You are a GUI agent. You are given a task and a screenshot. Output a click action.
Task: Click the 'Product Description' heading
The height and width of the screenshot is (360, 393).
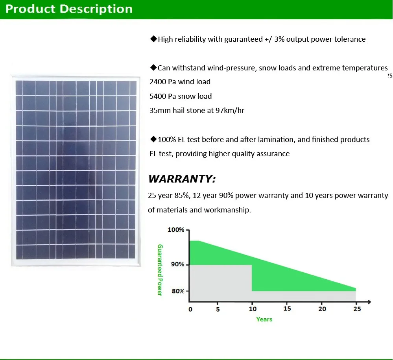coord(69,9)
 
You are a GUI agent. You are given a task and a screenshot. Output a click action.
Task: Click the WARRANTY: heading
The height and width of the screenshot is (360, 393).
coord(182,179)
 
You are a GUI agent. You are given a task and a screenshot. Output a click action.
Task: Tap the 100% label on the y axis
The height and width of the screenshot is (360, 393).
coord(176,230)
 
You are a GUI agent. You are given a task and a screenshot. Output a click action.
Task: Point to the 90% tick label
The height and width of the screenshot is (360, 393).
coord(177,264)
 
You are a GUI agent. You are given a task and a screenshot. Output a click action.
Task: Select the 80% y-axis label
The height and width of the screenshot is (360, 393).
coord(178,291)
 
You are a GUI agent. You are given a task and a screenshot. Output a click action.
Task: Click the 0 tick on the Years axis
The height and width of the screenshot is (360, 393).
coord(190,309)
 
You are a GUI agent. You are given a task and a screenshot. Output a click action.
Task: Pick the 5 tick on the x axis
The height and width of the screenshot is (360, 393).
coord(218,309)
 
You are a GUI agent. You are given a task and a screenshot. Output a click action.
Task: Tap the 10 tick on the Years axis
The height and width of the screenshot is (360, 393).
coord(253,309)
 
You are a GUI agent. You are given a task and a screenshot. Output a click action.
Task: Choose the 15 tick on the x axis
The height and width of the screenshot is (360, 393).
coord(287,308)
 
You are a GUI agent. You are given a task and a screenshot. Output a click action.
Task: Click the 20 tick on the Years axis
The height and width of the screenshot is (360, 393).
coord(322,309)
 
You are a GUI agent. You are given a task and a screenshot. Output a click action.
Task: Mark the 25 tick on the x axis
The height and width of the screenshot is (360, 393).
coord(357,309)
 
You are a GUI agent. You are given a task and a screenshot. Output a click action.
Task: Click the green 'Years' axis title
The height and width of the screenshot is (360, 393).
coord(264,319)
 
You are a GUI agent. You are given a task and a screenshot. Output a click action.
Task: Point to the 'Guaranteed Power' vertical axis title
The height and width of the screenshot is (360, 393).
coord(160,270)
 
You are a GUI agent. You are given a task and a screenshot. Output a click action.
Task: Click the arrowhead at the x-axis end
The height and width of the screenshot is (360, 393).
coord(369,302)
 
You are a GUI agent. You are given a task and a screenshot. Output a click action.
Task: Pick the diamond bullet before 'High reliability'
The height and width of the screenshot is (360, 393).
coord(153,39)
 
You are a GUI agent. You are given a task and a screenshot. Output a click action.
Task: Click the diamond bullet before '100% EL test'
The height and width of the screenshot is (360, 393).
coord(153,139)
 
